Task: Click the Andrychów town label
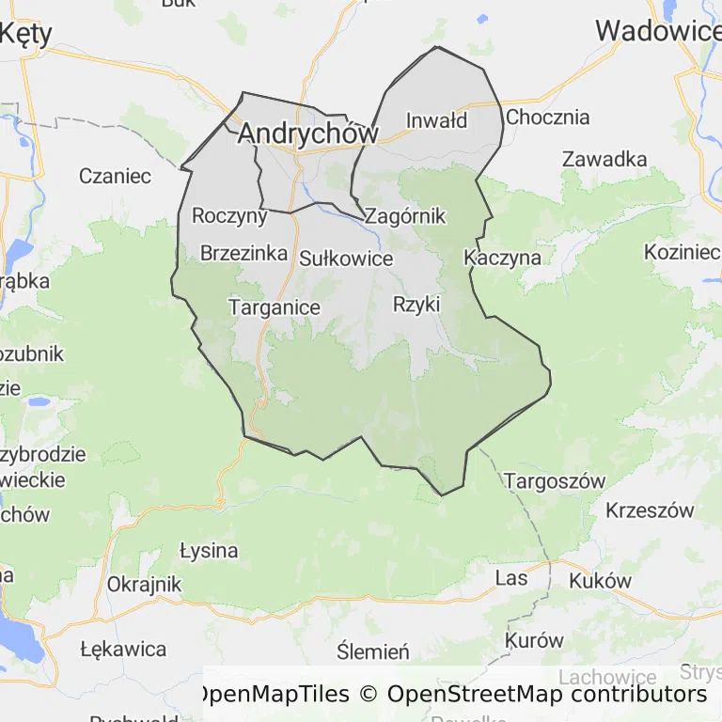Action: click(307, 133)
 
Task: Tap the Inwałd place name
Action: click(436, 120)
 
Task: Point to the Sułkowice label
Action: click(346, 258)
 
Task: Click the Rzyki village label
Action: click(416, 304)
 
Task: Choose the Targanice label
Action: click(274, 307)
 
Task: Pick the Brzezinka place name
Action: click(243, 253)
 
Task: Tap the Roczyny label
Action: click(229, 215)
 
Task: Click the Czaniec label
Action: click(115, 176)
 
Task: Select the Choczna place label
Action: click(547, 118)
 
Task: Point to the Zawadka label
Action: click(604, 159)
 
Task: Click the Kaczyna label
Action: click(503, 257)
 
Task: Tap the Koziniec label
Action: click(682, 252)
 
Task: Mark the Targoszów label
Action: click(555, 481)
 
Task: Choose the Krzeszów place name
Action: click(650, 510)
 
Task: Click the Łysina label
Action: click(209, 550)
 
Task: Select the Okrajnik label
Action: click(144, 584)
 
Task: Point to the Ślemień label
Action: click(373, 651)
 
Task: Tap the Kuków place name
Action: click(600, 580)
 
